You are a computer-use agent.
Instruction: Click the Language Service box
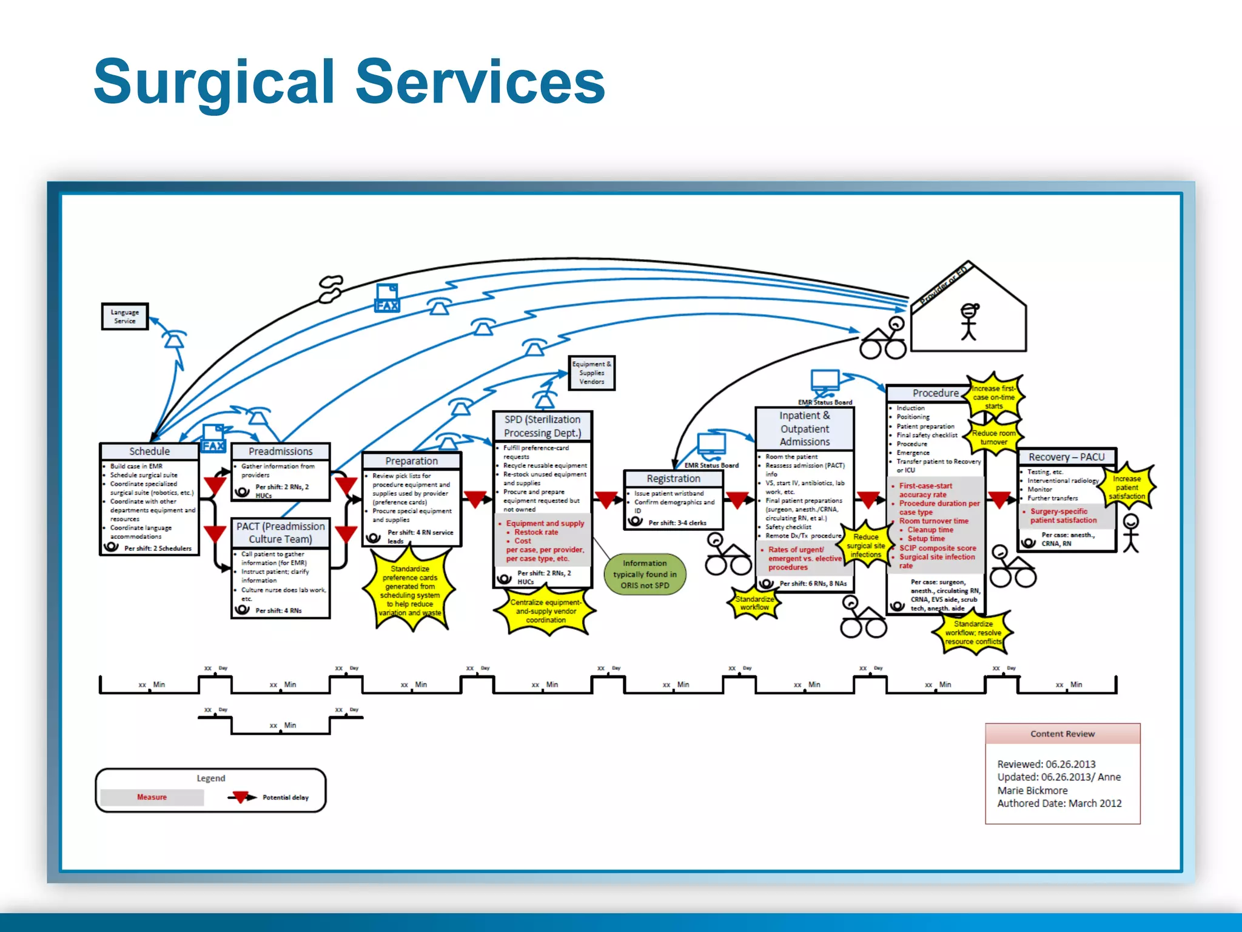click(125, 317)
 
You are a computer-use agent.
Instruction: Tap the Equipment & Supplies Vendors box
click(591, 373)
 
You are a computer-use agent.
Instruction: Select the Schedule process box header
click(149, 451)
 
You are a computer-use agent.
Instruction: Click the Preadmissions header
click(280, 451)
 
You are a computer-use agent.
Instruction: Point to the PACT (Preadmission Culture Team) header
click(280, 533)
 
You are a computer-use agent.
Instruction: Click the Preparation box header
click(411, 461)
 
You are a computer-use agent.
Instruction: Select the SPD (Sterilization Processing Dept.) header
click(542, 426)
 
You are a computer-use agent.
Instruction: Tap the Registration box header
click(673, 479)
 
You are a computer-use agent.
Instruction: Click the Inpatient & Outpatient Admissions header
click(804, 428)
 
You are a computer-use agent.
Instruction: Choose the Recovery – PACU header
click(1066, 457)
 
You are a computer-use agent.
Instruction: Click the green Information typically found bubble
click(645, 574)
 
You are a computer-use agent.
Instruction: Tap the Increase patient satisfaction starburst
click(1127, 487)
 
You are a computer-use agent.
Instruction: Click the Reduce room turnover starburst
click(993, 437)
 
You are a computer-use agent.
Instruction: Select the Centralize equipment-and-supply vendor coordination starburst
click(545, 611)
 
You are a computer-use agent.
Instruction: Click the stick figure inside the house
click(968, 321)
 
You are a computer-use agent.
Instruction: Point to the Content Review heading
click(1062, 734)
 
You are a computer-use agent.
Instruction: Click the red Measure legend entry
click(152, 797)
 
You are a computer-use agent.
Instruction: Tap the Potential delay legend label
click(285, 797)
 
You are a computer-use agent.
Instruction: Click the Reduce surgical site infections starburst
click(865, 545)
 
